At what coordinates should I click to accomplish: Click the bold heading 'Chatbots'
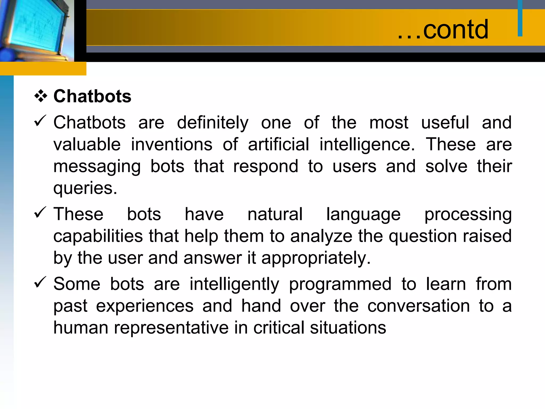92,96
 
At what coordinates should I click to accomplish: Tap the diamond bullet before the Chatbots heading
41,96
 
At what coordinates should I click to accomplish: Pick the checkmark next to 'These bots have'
40,212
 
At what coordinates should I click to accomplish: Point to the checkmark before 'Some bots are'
40,282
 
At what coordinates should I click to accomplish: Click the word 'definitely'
213,123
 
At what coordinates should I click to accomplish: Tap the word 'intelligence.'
367,145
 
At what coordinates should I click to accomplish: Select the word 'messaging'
97,167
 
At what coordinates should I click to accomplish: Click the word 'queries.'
85,189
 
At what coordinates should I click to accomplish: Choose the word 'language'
363,215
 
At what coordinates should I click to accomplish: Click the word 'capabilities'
98,236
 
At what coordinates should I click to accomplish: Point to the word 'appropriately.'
316,258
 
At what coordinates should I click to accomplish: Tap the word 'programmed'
340,284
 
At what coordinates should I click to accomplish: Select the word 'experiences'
145,306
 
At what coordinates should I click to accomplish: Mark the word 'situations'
348,328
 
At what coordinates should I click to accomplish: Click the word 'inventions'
172,145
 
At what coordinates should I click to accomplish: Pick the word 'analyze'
321,236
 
